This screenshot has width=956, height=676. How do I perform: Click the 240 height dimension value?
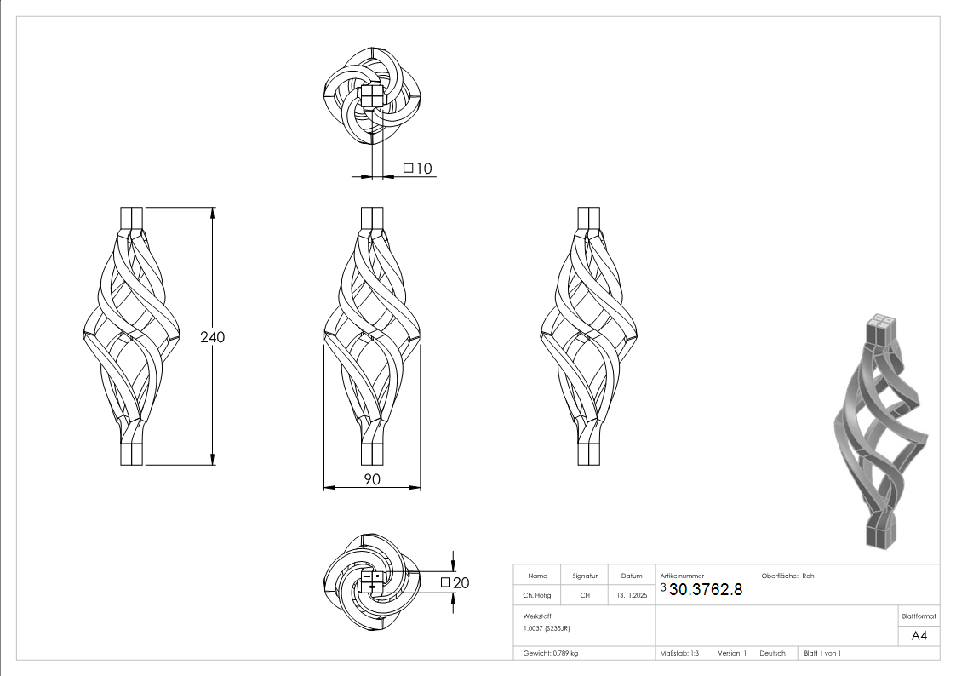(x=213, y=337)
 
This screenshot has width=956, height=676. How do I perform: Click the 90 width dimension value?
(x=372, y=479)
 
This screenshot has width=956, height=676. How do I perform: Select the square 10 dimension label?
(x=418, y=169)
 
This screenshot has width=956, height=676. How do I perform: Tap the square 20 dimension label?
(x=455, y=582)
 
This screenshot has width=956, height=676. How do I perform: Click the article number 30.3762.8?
(x=706, y=589)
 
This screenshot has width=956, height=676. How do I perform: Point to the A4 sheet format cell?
(x=919, y=635)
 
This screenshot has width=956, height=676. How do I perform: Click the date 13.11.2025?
(x=632, y=595)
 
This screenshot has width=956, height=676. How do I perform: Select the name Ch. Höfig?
(x=537, y=595)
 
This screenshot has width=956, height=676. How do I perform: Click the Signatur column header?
(x=585, y=576)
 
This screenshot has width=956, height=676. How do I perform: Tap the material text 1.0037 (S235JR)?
(x=547, y=627)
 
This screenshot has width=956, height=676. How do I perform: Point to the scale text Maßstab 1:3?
(x=679, y=653)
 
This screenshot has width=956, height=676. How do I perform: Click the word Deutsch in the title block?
(x=772, y=653)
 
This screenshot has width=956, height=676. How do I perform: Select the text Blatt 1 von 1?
(x=822, y=653)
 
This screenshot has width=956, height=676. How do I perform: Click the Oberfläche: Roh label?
(x=787, y=576)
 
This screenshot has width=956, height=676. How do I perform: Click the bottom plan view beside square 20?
(x=372, y=582)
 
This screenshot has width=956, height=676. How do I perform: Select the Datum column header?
(x=632, y=576)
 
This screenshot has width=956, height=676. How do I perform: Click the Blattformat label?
(x=919, y=616)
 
